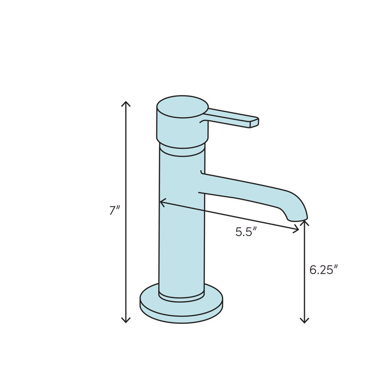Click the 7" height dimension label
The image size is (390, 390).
tap(114, 211)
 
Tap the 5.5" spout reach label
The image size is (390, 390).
tap(246, 232)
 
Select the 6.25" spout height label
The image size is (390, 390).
tap(323, 270)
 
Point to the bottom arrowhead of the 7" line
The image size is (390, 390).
tap(126, 321)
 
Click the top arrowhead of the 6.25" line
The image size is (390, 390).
tap(304, 222)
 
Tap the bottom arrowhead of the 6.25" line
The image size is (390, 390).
tap(304, 321)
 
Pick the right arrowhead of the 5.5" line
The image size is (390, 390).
tap(298, 229)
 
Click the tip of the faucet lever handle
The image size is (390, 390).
tap(254, 122)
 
